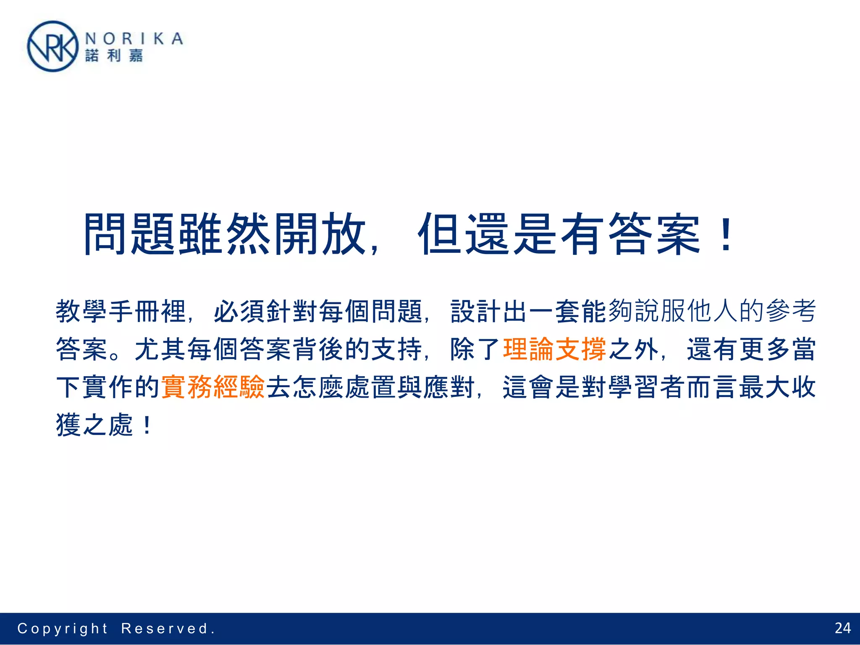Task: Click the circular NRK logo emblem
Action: pyautogui.click(x=52, y=47)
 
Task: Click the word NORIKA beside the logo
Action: pyautogui.click(x=134, y=39)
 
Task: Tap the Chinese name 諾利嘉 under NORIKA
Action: pyautogui.click(x=114, y=55)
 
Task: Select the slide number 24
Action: pyautogui.click(x=842, y=628)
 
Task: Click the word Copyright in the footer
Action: pyautogui.click(x=63, y=629)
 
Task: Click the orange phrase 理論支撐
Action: pyautogui.click(x=554, y=349)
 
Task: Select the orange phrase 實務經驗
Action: pyautogui.click(x=212, y=387)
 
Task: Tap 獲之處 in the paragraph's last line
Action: pyautogui.click(x=94, y=425)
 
